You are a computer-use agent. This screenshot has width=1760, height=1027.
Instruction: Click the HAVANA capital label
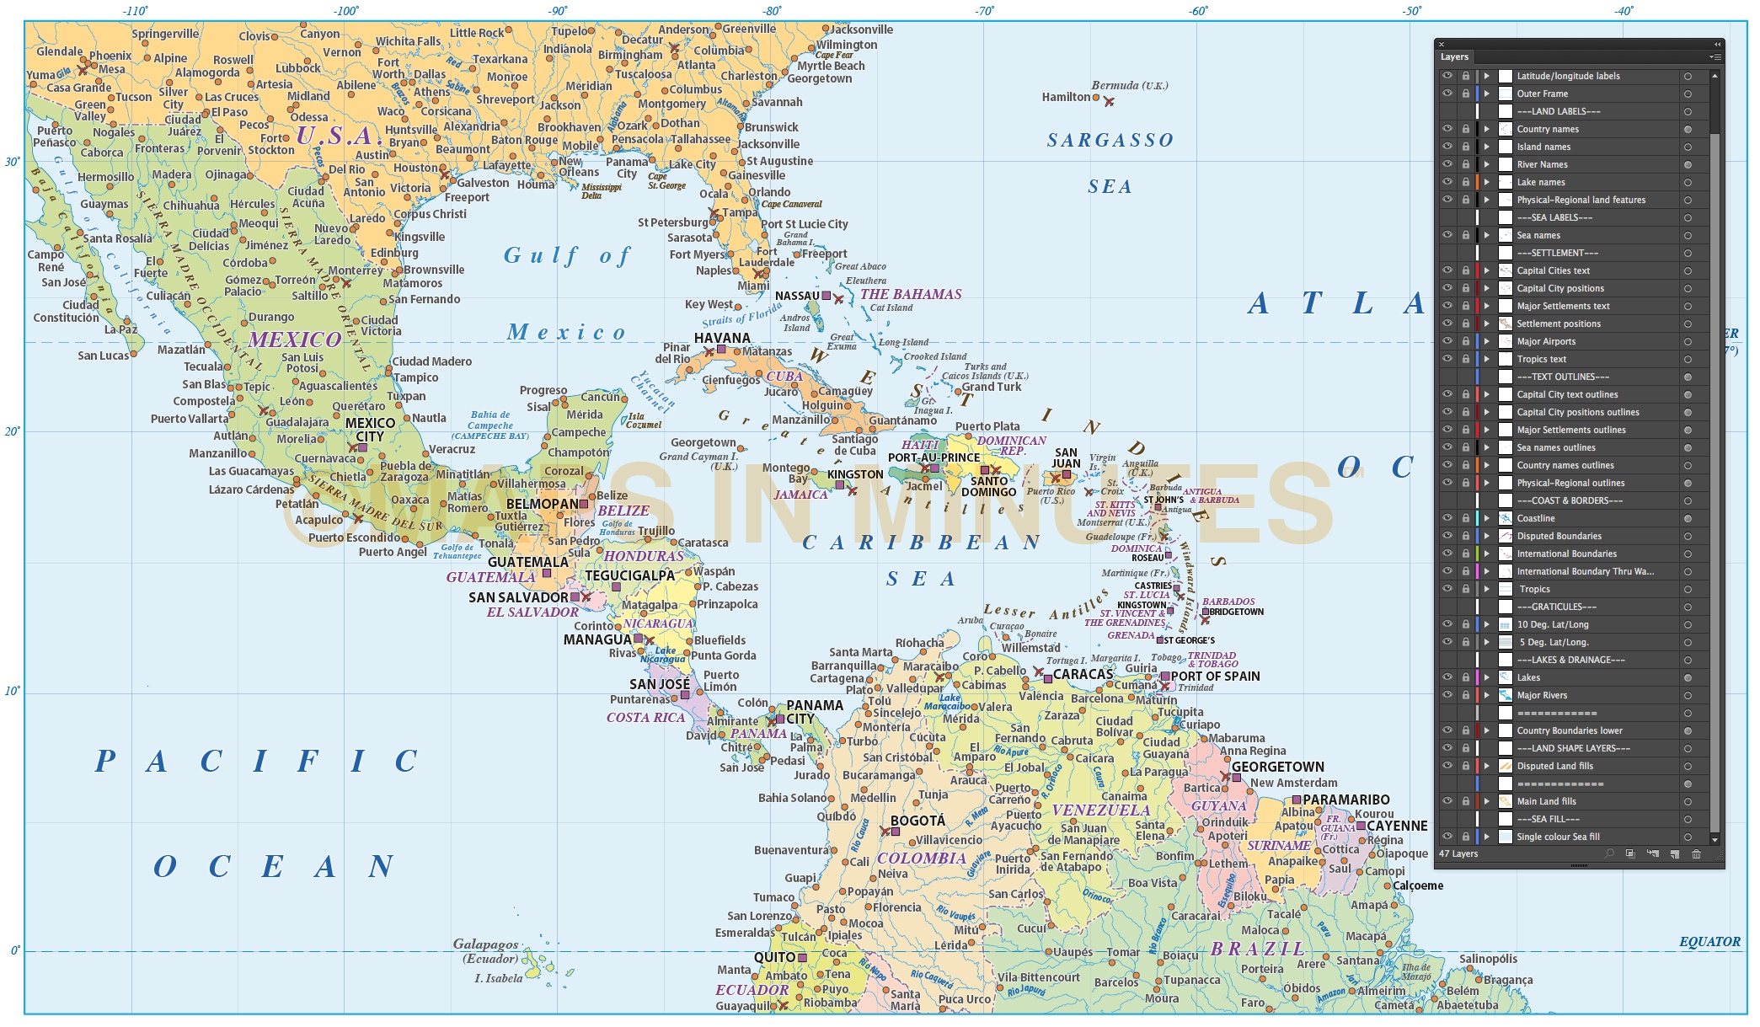(x=722, y=338)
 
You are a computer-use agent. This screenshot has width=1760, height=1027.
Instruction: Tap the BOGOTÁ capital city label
(x=917, y=821)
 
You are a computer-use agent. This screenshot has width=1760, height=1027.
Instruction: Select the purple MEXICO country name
(x=295, y=340)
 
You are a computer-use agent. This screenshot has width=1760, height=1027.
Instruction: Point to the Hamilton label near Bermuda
(x=1066, y=97)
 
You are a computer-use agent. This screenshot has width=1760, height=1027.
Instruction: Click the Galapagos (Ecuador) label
(x=485, y=950)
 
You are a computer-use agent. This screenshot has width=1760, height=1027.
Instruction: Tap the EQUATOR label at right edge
(x=1709, y=942)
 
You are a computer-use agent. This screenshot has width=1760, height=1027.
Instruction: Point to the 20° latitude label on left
(x=12, y=431)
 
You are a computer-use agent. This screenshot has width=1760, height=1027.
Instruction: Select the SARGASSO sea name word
(x=1110, y=141)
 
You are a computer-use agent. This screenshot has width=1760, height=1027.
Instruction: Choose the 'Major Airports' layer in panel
(x=1546, y=341)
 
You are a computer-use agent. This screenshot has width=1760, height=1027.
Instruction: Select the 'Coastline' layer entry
(x=1536, y=518)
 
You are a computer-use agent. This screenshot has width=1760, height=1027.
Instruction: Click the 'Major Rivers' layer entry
(x=1542, y=695)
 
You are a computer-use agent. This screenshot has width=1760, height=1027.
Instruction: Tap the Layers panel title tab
(x=1454, y=57)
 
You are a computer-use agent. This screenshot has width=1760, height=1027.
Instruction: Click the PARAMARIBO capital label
(x=1345, y=800)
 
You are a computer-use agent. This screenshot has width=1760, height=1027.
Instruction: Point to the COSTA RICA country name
(x=645, y=718)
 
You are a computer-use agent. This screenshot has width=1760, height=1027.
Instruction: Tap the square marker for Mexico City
(x=363, y=447)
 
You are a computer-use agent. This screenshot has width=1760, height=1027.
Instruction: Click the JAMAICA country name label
(x=800, y=495)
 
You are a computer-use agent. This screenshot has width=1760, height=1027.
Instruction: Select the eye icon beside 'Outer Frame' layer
(x=1447, y=94)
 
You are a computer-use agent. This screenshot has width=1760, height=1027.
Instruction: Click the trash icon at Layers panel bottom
(x=1696, y=853)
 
